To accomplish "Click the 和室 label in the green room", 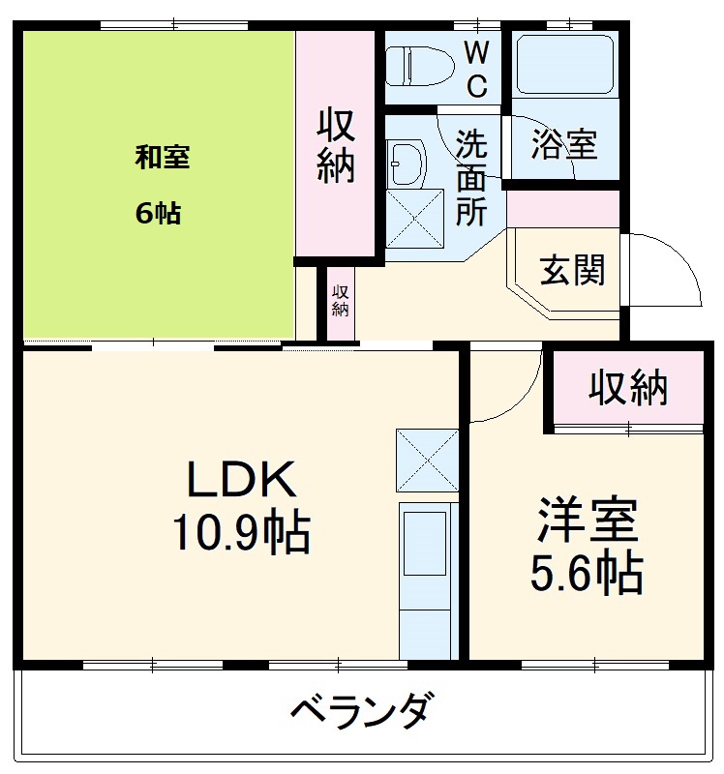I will pos(162,157).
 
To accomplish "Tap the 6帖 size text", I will pos(158,213).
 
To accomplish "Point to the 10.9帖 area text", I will pos(241,532).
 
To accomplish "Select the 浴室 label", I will pos(563,146).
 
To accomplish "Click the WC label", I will pos(477,68).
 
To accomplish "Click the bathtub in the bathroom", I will pos(564,64).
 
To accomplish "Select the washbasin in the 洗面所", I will pos(405,163).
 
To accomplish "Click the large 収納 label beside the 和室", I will pos(336,147).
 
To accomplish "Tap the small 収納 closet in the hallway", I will pos(340,302).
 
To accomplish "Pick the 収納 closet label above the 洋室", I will pos(629,388).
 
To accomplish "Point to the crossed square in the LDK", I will pos(427,459).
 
